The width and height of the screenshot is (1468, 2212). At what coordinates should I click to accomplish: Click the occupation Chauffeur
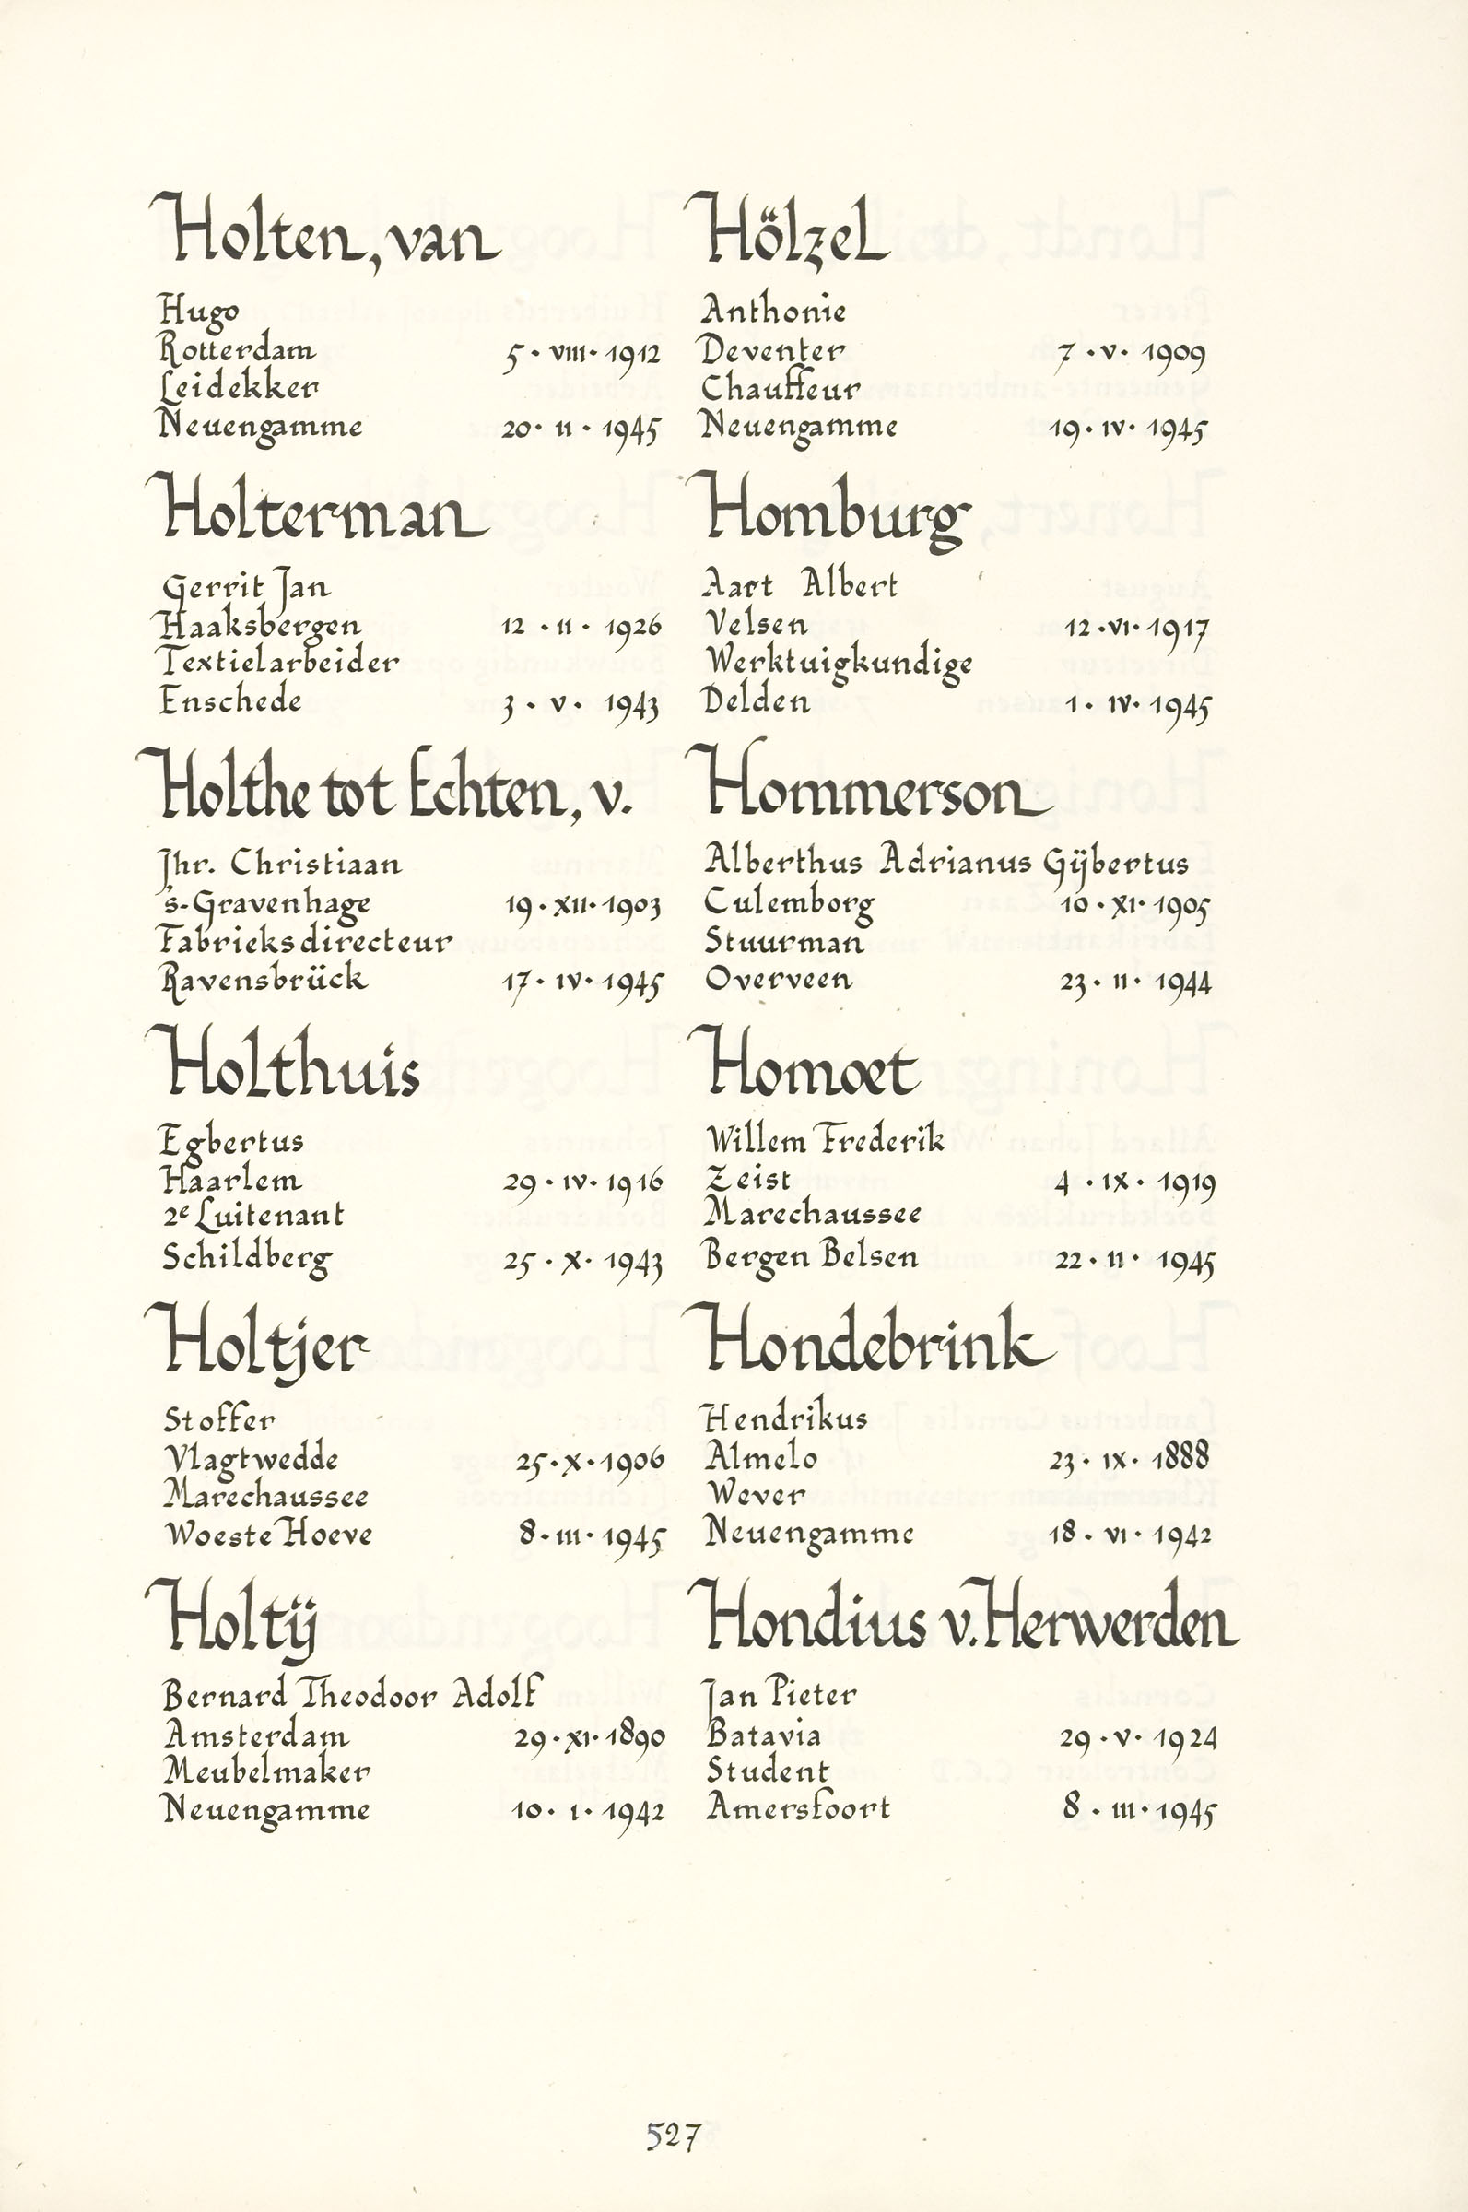(780, 387)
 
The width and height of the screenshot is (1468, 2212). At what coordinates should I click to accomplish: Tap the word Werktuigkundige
(839, 664)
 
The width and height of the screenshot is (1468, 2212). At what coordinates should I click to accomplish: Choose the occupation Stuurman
(783, 941)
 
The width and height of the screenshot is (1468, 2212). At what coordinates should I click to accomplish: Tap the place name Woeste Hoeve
(268, 1534)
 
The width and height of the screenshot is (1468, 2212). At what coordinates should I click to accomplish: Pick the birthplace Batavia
(764, 1735)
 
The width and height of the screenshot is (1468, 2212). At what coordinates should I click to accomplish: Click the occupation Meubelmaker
(267, 1771)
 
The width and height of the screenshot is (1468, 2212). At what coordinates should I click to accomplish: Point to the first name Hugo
(198, 310)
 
